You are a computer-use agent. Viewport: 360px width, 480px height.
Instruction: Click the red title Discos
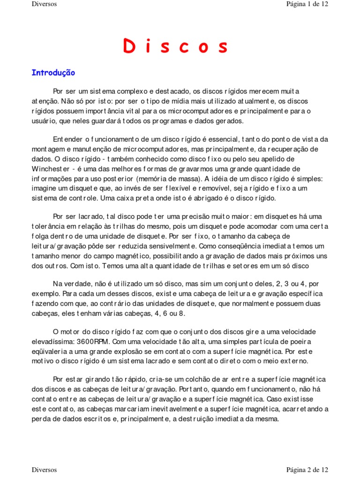175,47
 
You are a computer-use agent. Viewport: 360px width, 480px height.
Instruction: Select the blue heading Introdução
53,73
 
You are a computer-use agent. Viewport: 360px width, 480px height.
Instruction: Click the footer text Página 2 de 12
307,469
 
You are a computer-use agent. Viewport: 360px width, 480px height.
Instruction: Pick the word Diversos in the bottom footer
44,469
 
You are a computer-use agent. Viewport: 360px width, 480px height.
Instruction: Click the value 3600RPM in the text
96,341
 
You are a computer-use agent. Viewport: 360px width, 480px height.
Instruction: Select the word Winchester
51,169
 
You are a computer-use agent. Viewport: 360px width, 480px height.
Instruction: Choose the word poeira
299,341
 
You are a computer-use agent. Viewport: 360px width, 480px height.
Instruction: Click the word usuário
45,121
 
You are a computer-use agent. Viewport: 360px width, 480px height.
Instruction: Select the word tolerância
49,226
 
